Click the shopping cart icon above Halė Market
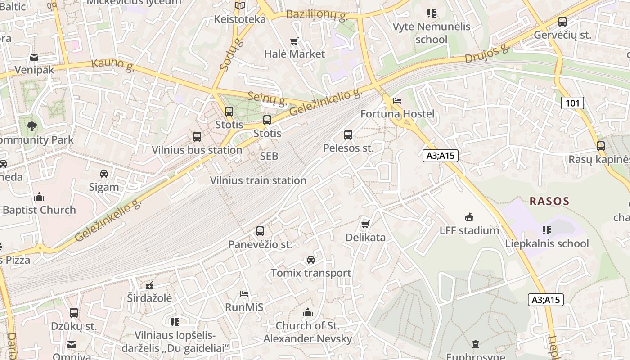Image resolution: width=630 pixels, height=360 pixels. [x=294, y=41]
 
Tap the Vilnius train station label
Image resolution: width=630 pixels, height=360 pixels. [x=258, y=180]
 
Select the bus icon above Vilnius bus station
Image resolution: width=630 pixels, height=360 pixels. [x=197, y=137]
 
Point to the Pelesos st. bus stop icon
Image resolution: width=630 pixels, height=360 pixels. [x=348, y=135]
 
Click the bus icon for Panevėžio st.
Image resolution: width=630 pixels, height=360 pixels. [x=260, y=231]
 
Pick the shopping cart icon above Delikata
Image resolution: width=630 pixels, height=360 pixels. [x=365, y=224]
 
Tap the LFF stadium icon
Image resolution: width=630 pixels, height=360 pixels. [x=469, y=217]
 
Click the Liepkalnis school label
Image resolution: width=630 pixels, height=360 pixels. [x=547, y=243]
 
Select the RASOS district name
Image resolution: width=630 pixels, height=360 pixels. [x=549, y=201]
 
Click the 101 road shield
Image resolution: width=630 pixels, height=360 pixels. [x=572, y=103]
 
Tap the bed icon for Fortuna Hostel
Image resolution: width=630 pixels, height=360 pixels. [x=397, y=100]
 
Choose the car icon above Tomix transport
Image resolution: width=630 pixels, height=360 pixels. [x=311, y=260]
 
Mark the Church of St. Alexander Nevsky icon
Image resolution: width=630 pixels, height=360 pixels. [x=308, y=312]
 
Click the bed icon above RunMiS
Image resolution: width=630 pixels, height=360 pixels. [x=244, y=294]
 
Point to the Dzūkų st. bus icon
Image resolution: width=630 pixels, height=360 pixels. [x=74, y=312]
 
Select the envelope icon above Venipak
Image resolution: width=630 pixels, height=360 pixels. [x=34, y=57]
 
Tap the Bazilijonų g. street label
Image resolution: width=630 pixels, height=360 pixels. [x=317, y=15]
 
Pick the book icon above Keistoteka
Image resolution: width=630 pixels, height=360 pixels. [x=240, y=6]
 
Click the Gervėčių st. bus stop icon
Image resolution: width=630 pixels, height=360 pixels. [x=562, y=21]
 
